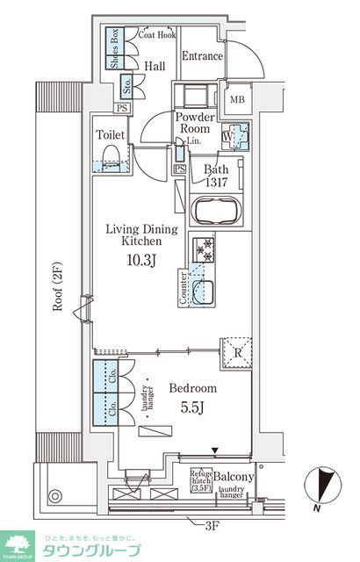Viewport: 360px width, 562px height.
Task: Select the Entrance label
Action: (x=202, y=56)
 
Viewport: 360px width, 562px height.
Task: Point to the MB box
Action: (x=238, y=99)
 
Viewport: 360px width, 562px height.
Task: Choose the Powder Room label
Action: (x=196, y=123)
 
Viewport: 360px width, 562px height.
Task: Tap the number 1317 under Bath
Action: (x=217, y=183)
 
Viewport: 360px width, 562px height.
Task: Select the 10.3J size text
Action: (x=141, y=261)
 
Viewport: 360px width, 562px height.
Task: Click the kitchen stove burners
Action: (x=204, y=250)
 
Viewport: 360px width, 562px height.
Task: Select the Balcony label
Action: (x=234, y=477)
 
